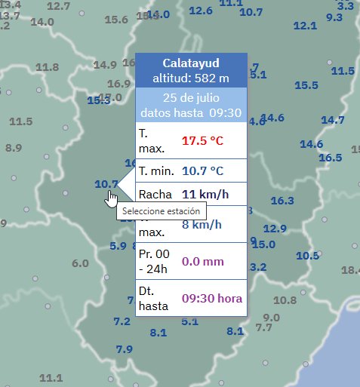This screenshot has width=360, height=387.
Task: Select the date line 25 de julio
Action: point(190,99)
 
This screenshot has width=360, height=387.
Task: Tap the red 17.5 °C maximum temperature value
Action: point(202,140)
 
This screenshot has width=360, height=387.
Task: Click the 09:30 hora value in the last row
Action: point(212,299)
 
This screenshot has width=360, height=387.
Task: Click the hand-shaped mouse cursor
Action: point(112,198)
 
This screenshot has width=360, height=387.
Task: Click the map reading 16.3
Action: point(282,201)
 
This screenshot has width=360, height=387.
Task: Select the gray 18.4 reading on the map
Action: point(351,270)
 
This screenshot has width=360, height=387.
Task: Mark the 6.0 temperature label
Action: point(81,263)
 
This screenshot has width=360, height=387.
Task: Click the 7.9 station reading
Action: point(125,349)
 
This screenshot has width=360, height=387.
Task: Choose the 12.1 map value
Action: point(305,26)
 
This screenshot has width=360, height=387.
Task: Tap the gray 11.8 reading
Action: point(47,67)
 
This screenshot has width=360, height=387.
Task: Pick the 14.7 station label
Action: point(333,120)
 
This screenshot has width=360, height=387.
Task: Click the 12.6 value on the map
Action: point(200,11)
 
